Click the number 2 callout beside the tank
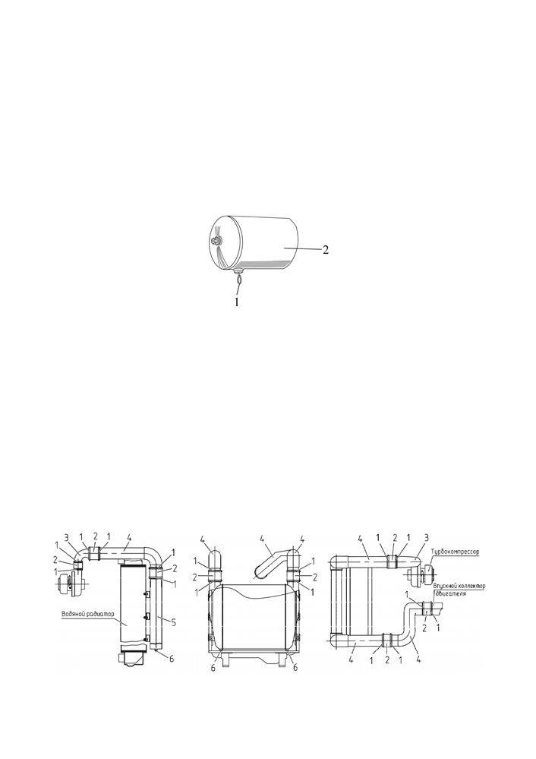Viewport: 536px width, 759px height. pos(326,250)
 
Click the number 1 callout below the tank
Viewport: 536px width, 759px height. pos(237,302)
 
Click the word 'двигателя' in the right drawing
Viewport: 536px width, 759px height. pos(449,593)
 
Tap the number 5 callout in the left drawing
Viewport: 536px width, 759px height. pos(172,620)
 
